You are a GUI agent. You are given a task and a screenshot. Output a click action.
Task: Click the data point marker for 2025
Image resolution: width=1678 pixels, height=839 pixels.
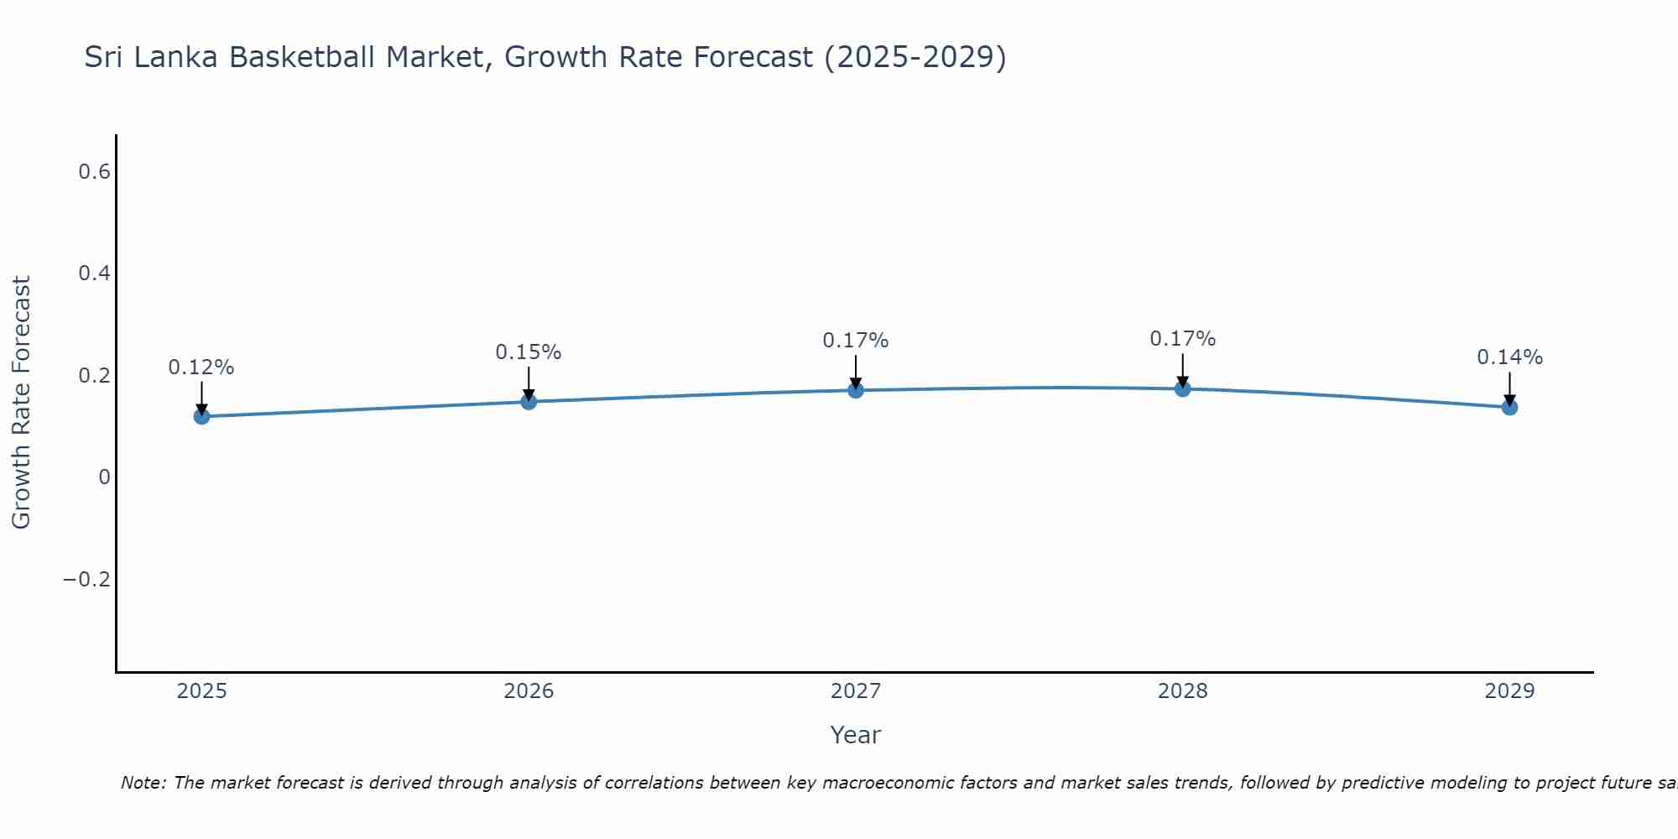click(x=201, y=416)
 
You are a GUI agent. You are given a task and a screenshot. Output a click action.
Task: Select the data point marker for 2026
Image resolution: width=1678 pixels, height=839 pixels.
click(x=529, y=402)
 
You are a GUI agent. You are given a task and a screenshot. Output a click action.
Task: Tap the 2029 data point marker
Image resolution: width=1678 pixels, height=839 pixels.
click(x=1509, y=407)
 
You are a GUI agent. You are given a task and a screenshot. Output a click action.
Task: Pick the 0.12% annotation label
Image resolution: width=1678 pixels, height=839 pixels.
click(x=201, y=367)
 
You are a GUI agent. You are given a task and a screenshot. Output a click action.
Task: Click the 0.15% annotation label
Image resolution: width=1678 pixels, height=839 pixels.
click(x=529, y=352)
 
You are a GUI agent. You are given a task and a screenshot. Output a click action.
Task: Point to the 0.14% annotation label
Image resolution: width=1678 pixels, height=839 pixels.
click(x=1509, y=357)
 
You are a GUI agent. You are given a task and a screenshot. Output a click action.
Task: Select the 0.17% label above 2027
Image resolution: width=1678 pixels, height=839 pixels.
click(x=855, y=341)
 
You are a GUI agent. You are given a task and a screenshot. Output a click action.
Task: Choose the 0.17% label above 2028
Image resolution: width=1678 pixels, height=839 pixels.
click(x=1182, y=339)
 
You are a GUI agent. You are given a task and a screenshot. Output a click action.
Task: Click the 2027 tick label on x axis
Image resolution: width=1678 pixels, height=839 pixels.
click(x=855, y=691)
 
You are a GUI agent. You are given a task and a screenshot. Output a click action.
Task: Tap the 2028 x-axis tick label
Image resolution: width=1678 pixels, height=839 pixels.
click(x=1182, y=691)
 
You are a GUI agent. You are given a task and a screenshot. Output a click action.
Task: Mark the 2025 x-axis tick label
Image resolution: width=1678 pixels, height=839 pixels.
click(x=201, y=691)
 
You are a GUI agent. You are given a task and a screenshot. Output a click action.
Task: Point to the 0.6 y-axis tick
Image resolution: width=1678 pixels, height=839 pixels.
click(x=94, y=172)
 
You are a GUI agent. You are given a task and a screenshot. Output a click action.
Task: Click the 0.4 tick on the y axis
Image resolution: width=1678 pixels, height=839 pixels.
click(x=94, y=274)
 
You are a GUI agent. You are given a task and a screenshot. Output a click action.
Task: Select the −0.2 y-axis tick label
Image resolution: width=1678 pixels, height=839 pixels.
click(x=87, y=580)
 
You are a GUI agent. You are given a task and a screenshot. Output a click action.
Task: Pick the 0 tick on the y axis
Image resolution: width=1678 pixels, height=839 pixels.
click(x=104, y=477)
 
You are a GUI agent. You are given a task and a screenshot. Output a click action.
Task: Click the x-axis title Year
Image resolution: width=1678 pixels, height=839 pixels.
click(x=855, y=736)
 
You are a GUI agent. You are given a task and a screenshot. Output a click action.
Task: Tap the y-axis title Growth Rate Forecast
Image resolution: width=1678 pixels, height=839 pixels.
click(x=21, y=403)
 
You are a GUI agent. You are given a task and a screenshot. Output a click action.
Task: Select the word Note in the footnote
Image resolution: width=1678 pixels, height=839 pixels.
click(x=143, y=783)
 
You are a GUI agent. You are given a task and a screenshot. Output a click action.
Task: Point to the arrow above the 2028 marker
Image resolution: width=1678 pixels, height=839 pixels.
click(x=1182, y=369)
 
